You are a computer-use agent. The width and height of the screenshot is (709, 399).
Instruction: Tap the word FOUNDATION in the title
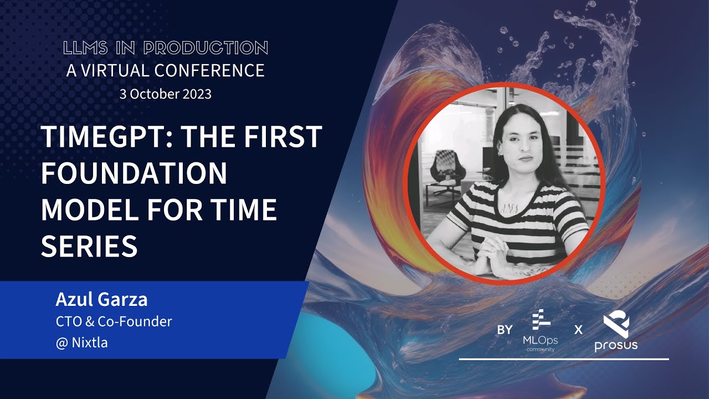tap(133, 173)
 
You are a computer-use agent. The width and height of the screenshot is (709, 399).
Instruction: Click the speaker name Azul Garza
tap(101, 300)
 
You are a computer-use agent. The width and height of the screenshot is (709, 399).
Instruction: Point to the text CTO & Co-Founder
tap(114, 321)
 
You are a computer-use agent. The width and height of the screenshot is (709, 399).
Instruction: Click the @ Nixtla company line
tap(81, 342)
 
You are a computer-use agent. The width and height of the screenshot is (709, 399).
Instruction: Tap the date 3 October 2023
tap(166, 94)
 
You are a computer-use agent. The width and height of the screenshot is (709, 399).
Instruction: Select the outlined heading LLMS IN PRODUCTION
tap(166, 48)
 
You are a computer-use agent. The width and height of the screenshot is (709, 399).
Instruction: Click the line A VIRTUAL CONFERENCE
tap(166, 70)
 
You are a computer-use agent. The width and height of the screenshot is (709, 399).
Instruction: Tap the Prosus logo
tap(615, 332)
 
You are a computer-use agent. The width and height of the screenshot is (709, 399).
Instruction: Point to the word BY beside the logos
tap(505, 330)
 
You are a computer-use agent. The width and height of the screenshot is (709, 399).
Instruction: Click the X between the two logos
tap(578, 330)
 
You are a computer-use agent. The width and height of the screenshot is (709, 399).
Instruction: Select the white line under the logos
tap(564, 359)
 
